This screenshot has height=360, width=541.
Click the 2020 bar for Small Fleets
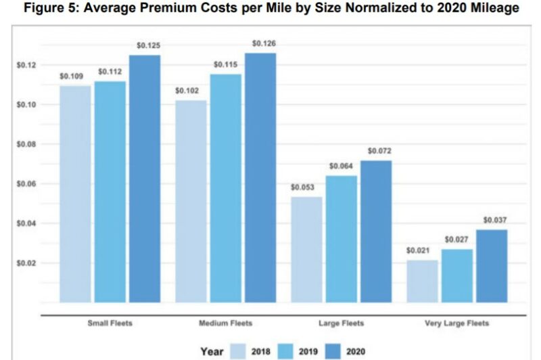[145, 179]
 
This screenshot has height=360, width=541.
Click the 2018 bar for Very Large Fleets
[421, 281]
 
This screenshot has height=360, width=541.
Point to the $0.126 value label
[263, 44]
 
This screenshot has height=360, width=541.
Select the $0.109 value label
[71, 76]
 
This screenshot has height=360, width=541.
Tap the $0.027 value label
[456, 240]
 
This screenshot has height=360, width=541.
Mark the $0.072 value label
[379, 151]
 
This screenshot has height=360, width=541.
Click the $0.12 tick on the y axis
[26, 65]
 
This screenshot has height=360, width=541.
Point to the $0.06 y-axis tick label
[26, 184]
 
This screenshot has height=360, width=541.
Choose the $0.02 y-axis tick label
[26, 263]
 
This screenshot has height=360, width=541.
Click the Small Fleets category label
[110, 323]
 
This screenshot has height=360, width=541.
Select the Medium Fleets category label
[226, 323]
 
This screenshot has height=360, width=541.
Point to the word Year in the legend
[212, 351]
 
